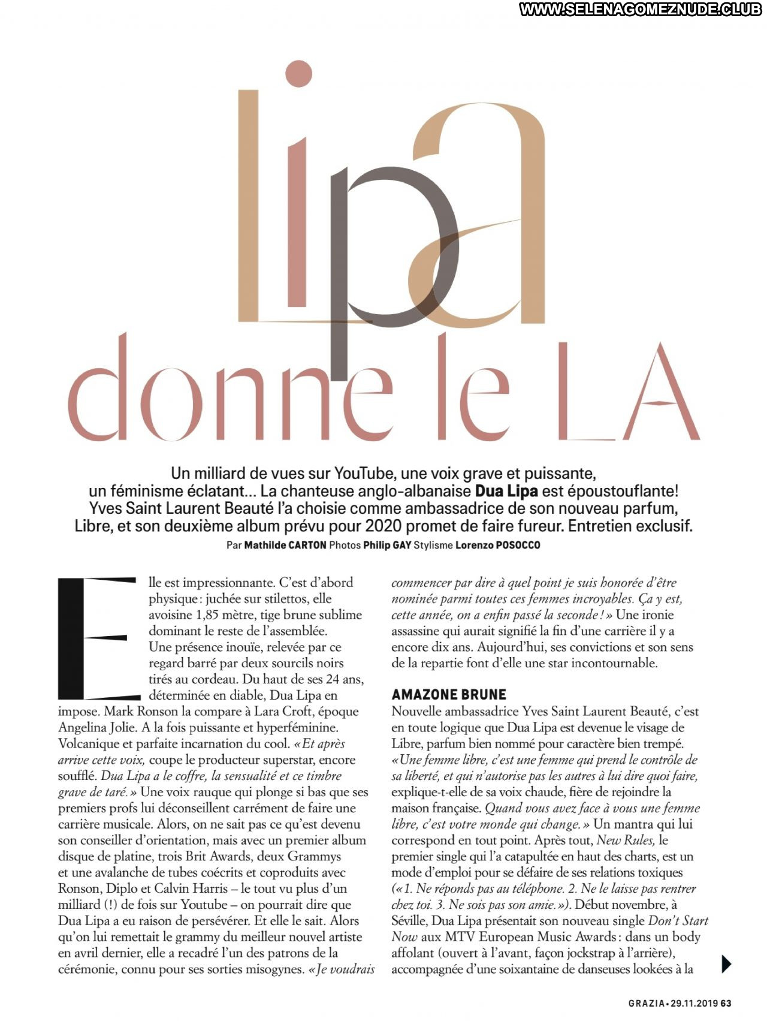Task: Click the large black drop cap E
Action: coord(96,638)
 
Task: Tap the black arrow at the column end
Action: coord(726,963)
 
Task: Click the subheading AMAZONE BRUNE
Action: coord(449,694)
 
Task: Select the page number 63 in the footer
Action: coord(726,1002)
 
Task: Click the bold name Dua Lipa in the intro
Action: coord(506,492)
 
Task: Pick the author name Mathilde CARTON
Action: coord(285,545)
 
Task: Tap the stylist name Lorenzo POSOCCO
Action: coord(497,545)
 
